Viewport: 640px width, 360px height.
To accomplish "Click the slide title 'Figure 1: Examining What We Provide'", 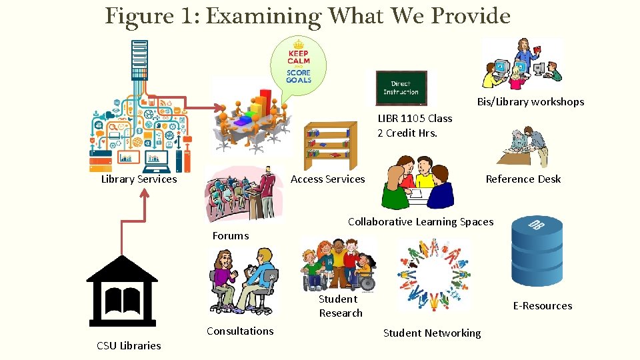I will [x=307, y=15].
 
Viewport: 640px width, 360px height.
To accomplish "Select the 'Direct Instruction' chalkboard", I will [x=401, y=88].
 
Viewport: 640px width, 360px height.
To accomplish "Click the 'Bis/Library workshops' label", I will [x=530, y=102].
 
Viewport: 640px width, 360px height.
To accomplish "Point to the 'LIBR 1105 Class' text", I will [x=415, y=119].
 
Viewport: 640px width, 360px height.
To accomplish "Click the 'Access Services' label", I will [x=327, y=179].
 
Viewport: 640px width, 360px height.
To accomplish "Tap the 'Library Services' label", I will [x=139, y=179].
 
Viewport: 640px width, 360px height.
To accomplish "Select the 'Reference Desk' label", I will [x=523, y=179].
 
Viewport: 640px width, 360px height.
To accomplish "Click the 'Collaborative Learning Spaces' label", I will [x=421, y=222].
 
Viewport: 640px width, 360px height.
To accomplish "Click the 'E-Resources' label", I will [x=542, y=306].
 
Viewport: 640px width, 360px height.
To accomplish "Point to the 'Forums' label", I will [x=230, y=235].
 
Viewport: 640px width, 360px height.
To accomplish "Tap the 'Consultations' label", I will [x=240, y=331].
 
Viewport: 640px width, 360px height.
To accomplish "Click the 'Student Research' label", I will [x=340, y=306].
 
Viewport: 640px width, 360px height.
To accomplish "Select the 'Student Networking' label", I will [x=431, y=333].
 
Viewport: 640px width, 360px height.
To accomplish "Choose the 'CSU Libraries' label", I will [x=129, y=345].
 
